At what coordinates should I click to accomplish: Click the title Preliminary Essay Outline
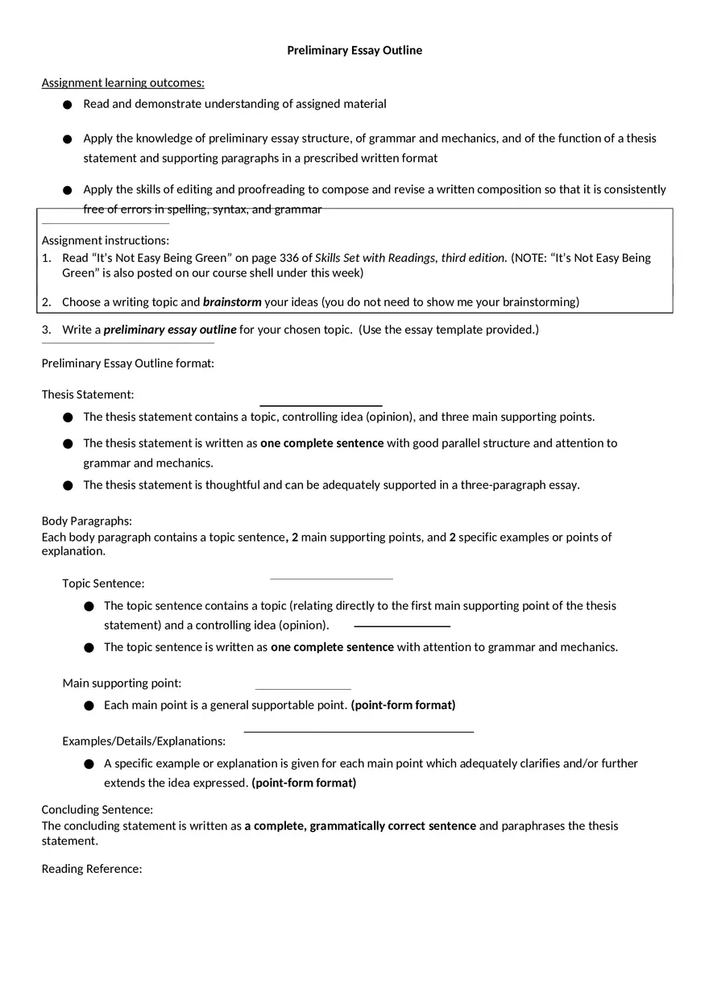354,50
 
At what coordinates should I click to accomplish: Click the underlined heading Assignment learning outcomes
122,82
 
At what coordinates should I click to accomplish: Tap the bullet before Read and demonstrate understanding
67,104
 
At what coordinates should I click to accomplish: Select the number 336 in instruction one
289,258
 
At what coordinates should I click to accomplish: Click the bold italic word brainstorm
232,302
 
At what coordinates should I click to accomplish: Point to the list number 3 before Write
46,330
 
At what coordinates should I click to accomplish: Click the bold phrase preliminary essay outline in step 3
170,330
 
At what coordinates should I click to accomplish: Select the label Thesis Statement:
88,395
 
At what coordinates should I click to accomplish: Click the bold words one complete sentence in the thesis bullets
322,443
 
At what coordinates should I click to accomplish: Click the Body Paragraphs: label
86,521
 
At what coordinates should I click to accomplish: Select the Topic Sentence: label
103,583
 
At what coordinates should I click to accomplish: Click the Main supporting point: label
122,683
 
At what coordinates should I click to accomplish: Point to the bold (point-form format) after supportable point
403,705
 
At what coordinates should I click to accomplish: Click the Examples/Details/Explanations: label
143,741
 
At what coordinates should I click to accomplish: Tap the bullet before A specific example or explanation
88,763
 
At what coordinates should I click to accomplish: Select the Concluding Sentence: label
97,810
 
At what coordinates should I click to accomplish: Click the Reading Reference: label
92,869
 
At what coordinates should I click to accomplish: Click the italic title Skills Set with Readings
375,258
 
